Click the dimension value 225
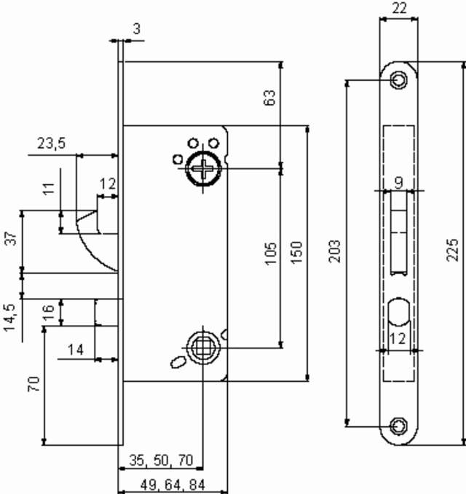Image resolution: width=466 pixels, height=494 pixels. [x=453, y=250]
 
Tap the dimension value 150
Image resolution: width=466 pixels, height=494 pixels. [x=296, y=252]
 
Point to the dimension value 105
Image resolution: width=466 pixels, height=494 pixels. [x=270, y=253]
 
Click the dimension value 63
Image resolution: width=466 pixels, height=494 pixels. [x=269, y=98]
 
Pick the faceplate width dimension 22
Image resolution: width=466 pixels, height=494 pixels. [x=398, y=8]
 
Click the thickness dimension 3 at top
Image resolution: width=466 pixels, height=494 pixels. [x=137, y=28]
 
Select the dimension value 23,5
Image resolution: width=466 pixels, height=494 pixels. [x=51, y=144]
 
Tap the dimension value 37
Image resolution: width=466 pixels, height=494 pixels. [x=11, y=238]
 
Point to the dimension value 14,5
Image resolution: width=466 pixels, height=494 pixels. [x=11, y=318]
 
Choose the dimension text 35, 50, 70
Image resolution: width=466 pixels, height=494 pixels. [x=161, y=460]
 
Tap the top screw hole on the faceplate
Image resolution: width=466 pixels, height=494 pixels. [x=398, y=79]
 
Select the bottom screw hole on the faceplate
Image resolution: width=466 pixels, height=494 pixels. [x=398, y=425]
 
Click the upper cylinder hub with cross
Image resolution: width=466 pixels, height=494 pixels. [x=201, y=169]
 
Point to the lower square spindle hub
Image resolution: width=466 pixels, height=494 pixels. [x=201, y=347]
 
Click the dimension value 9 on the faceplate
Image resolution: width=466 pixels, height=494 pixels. [x=398, y=181]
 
